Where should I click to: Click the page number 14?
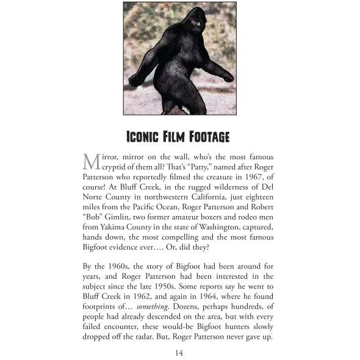pyautogui.click(x=179, y=353)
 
